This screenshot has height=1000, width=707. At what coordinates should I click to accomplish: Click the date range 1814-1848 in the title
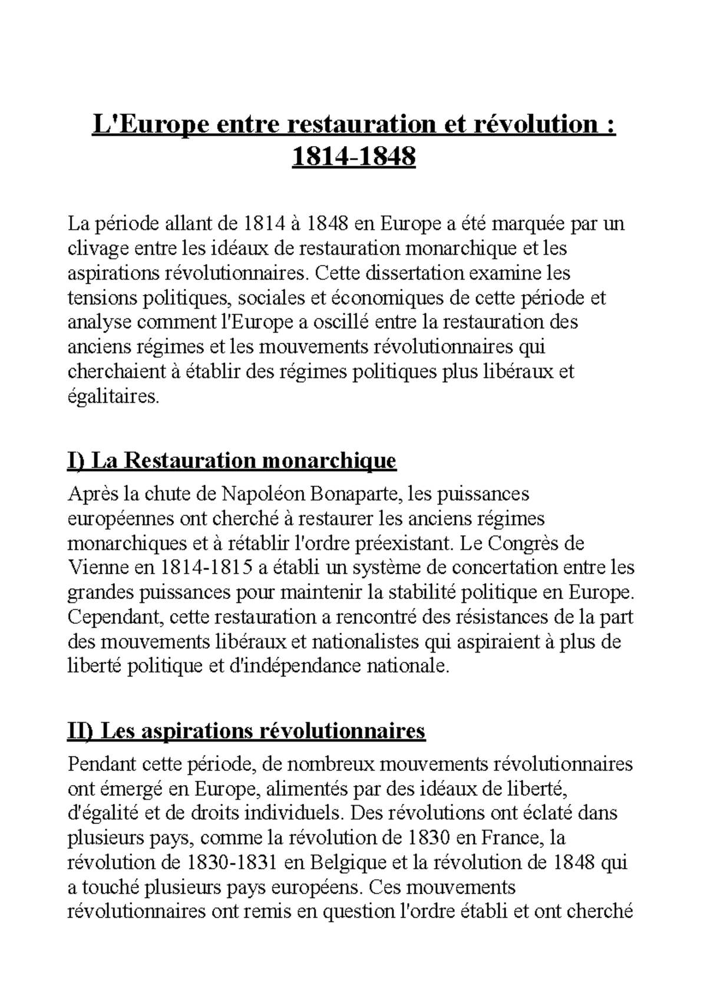[x=353, y=157]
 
